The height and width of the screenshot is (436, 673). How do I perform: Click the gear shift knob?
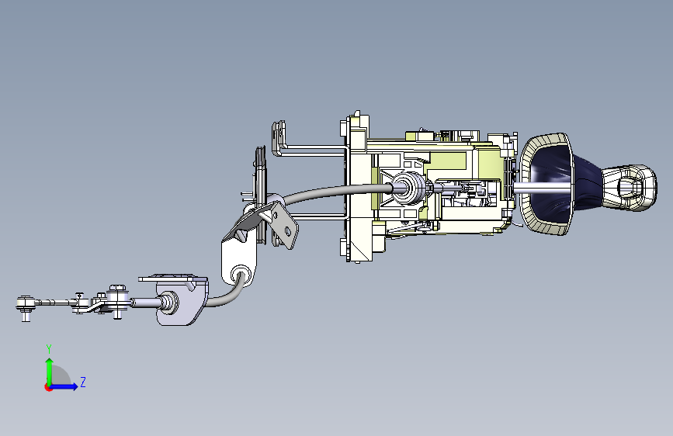630,188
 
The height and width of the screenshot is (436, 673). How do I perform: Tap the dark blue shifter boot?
558,185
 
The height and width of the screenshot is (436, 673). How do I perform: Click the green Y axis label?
49,348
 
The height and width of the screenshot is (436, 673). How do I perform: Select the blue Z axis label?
83,382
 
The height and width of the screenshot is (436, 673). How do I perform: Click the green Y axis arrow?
50,372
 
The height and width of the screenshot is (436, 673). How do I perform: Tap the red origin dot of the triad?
48,387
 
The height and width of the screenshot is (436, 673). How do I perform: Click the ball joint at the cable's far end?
26,304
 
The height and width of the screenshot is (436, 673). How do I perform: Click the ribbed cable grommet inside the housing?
408,187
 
